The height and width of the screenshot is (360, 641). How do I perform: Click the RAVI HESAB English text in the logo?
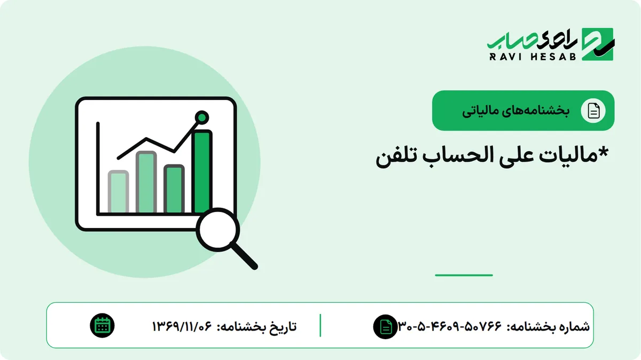(x=533, y=57)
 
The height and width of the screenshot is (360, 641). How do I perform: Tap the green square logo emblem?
(x=598, y=44)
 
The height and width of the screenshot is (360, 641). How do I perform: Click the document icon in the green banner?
(x=593, y=111)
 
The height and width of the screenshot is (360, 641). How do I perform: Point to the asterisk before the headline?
(x=603, y=153)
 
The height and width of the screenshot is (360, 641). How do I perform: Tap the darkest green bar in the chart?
(x=202, y=171)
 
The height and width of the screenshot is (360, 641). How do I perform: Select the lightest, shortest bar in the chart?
(x=118, y=191)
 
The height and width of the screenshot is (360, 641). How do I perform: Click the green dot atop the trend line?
(x=202, y=118)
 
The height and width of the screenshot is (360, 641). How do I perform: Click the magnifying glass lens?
(x=218, y=230)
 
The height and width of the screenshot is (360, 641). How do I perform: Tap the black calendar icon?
(x=102, y=326)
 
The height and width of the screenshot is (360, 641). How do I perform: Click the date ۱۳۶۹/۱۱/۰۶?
(x=182, y=326)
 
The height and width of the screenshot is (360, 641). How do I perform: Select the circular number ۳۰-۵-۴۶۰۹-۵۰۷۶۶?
(x=450, y=326)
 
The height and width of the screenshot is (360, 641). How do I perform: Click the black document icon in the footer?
(x=385, y=326)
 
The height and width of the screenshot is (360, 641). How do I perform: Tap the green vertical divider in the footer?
(x=320, y=325)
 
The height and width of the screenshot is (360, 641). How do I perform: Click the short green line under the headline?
(x=464, y=275)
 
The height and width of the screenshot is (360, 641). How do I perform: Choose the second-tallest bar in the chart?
(x=146, y=182)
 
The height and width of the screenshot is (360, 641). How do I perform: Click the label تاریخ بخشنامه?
(x=257, y=326)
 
